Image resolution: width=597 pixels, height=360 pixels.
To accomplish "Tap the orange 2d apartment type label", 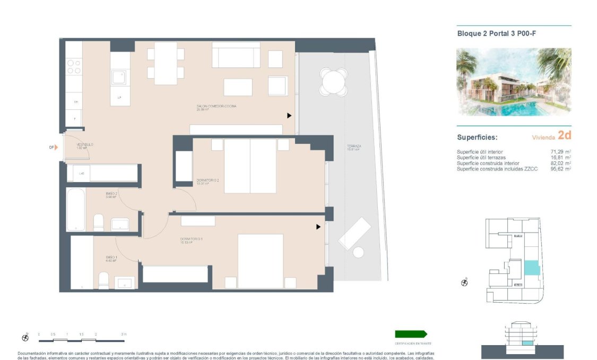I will tap(564, 135).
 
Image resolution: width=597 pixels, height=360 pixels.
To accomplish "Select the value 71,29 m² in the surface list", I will tap(560, 152).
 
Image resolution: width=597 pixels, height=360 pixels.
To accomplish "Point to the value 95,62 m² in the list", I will tap(560, 169).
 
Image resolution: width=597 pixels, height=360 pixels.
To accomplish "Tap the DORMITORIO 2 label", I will tap(207, 180).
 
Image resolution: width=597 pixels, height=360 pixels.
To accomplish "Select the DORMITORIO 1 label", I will tap(191, 239).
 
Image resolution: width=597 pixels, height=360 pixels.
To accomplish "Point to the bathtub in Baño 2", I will tap(75, 210).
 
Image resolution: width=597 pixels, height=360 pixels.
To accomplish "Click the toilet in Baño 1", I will tap(103, 280).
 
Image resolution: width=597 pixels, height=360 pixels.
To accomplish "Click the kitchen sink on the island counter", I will tap(120, 78).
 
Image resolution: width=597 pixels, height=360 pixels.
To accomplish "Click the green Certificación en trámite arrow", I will tap(411, 334).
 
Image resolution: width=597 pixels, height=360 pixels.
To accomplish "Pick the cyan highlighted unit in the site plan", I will tap(531, 268).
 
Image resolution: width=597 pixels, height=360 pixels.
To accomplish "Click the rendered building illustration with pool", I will tap(514, 82).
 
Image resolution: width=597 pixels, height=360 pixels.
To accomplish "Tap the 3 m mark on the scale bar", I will tap(124, 335).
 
